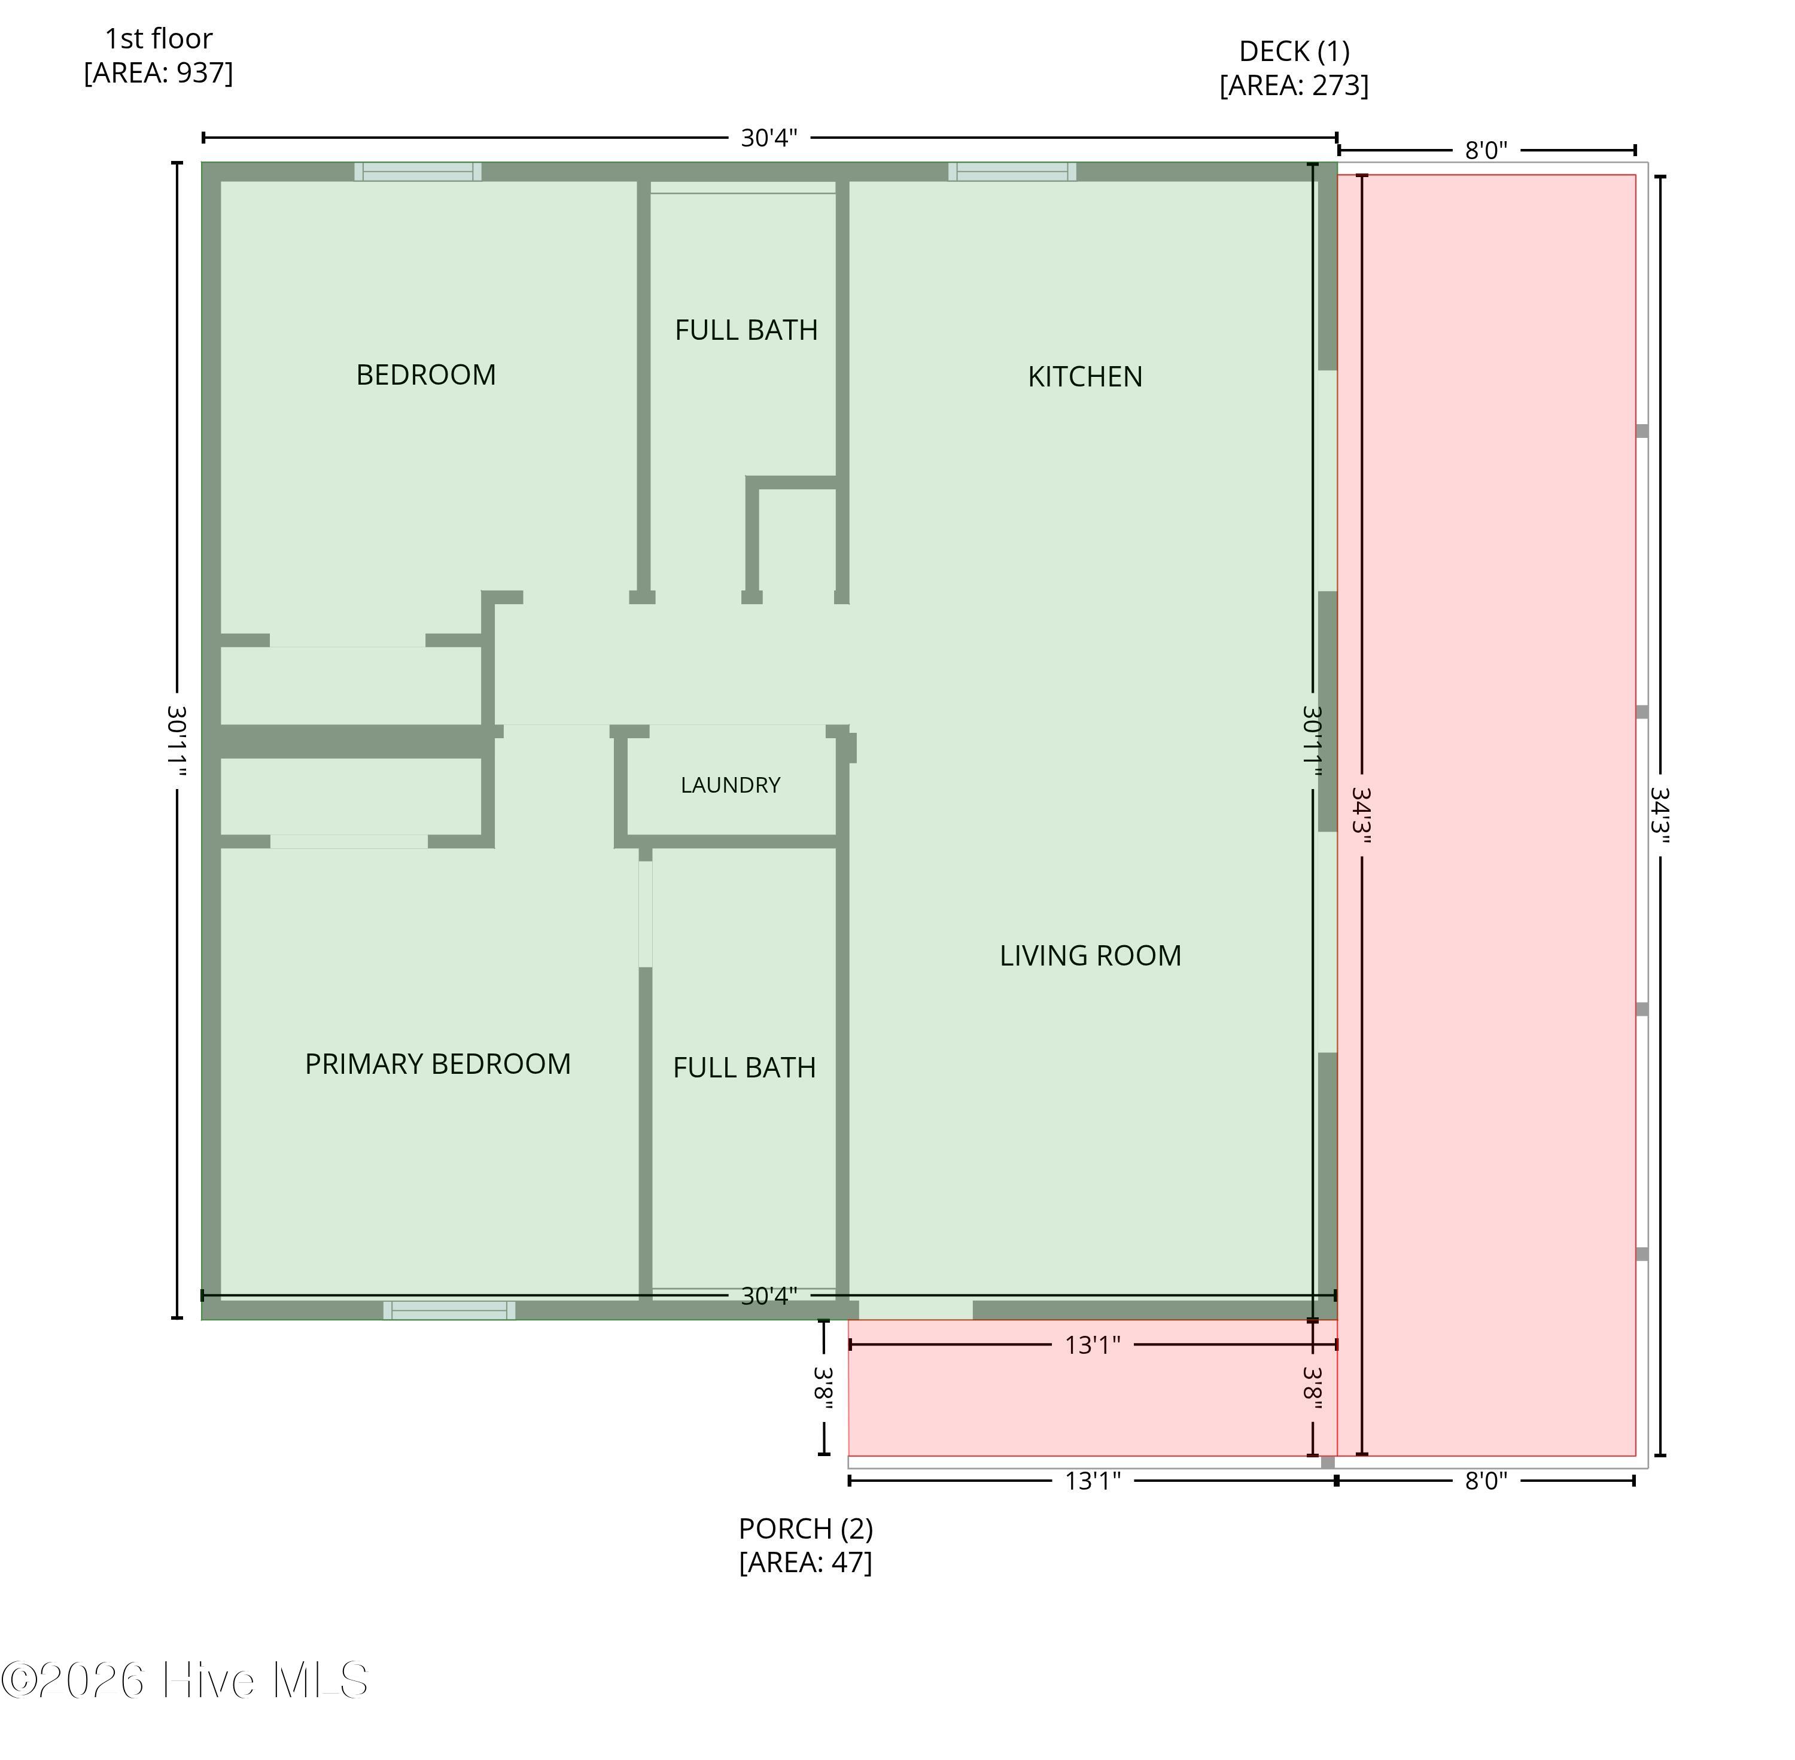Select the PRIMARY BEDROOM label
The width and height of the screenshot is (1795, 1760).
pyautogui.click(x=437, y=1063)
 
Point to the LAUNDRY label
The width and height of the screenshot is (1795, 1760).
pyautogui.click(x=730, y=785)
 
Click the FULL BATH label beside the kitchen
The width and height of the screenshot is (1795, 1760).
pyautogui.click(x=746, y=330)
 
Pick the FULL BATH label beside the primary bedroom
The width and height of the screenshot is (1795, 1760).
pyautogui.click(x=744, y=1068)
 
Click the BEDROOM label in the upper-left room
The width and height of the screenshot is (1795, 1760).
pyautogui.click(x=425, y=374)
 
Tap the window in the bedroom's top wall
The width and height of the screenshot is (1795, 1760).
pyautogui.click(x=418, y=171)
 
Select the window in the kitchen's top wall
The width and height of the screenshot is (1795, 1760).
pyautogui.click(x=1012, y=171)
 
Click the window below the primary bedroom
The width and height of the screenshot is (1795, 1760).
pyautogui.click(x=449, y=1310)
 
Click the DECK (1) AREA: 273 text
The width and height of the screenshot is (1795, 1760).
pyautogui.click(x=1294, y=68)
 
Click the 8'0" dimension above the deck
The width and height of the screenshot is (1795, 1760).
pyautogui.click(x=1485, y=150)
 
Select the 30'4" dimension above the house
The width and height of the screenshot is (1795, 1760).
pyautogui.click(x=769, y=138)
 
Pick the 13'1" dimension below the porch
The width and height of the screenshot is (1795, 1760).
pyautogui.click(x=1093, y=1481)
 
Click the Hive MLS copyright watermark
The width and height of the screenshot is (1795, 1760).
pyautogui.click(x=185, y=1680)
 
